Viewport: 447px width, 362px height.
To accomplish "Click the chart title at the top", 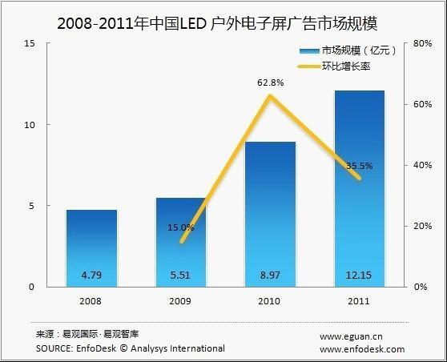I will coord(223,22).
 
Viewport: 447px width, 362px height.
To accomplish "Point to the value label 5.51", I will coord(180,275).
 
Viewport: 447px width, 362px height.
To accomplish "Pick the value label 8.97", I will coord(270,275).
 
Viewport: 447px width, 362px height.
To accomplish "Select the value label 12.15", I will coord(359,275).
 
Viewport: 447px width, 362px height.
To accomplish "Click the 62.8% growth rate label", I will coord(270,81).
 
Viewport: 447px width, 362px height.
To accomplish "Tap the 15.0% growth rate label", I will coord(181,227).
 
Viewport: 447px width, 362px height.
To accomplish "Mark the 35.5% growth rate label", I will coord(360,167).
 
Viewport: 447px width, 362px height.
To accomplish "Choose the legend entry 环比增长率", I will coord(349,67).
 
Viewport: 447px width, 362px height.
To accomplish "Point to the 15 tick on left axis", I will coord(29,44).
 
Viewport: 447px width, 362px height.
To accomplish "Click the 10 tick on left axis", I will coord(29,125).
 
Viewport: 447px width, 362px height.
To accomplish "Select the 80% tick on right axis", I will coord(421,44).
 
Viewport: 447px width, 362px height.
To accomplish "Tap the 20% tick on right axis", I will coord(421,226).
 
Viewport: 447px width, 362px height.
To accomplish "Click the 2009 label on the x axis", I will coord(180,303).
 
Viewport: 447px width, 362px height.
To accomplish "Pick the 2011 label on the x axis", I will coord(359,303).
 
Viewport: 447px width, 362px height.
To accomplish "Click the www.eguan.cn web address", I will coord(352,336).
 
